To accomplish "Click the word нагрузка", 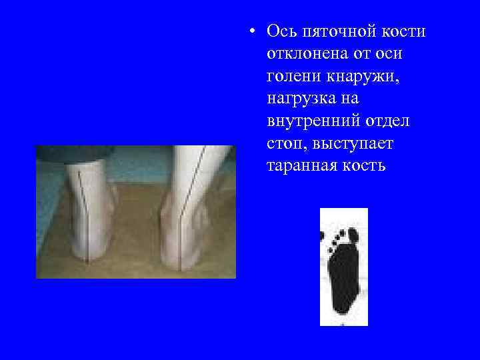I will click(x=304, y=99).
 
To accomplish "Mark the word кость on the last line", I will click(x=365, y=165).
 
